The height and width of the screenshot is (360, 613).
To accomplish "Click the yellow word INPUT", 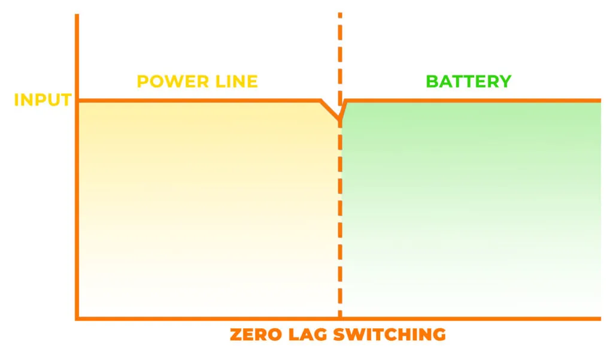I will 43,99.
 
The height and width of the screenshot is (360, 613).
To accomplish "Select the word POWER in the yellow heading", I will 168,81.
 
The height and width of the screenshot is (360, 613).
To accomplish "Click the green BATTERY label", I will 469,81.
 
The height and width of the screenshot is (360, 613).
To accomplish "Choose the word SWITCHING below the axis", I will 389,334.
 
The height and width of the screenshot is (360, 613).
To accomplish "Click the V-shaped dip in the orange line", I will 339,122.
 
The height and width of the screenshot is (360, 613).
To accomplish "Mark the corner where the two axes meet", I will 77,318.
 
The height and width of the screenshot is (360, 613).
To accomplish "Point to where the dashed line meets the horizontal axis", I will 339,318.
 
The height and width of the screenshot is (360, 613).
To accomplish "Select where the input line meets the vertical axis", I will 77,100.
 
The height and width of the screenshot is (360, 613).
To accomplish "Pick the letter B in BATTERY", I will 432,81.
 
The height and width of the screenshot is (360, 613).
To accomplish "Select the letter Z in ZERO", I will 236,334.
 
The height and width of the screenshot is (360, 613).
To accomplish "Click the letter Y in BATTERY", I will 505,81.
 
